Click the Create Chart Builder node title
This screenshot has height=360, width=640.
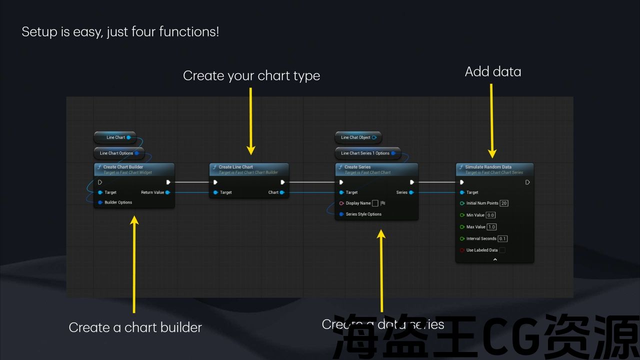(x=123, y=167)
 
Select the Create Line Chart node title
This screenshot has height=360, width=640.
(x=236, y=167)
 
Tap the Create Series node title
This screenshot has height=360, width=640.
(x=357, y=167)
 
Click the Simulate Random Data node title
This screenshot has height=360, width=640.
(x=488, y=167)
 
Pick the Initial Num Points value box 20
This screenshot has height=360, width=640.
(x=504, y=203)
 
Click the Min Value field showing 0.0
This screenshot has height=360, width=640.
(x=490, y=215)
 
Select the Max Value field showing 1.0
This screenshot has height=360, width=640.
(x=491, y=227)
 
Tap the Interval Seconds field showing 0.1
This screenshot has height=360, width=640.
(x=502, y=239)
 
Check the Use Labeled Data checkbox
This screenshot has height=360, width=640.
(x=502, y=250)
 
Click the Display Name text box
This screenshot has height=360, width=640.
(x=375, y=203)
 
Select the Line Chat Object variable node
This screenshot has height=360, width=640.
(x=355, y=137)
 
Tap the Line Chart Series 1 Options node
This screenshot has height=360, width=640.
(x=365, y=153)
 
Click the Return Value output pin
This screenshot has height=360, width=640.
(x=167, y=192)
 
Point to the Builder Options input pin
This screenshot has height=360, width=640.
(x=100, y=202)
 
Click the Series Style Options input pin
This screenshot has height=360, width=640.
(x=341, y=214)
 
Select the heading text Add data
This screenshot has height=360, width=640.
(x=493, y=72)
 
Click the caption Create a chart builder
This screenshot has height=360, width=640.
(x=135, y=327)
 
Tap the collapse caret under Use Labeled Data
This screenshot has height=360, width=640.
(x=495, y=259)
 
